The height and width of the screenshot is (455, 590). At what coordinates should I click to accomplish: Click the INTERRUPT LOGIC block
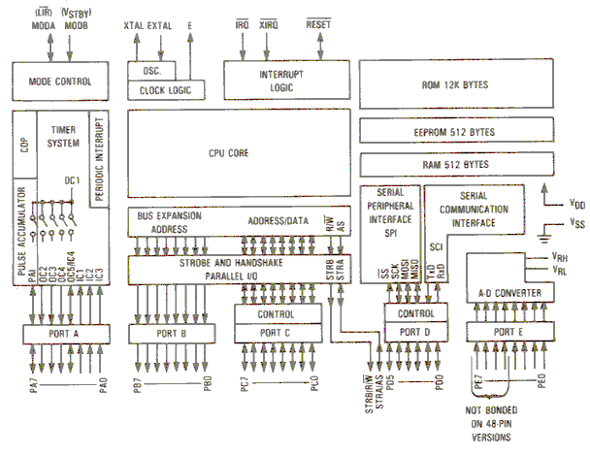[x=285, y=80]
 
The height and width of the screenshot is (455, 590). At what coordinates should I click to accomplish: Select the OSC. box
[x=148, y=71]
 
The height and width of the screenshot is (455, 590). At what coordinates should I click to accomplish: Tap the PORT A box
[x=64, y=335]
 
